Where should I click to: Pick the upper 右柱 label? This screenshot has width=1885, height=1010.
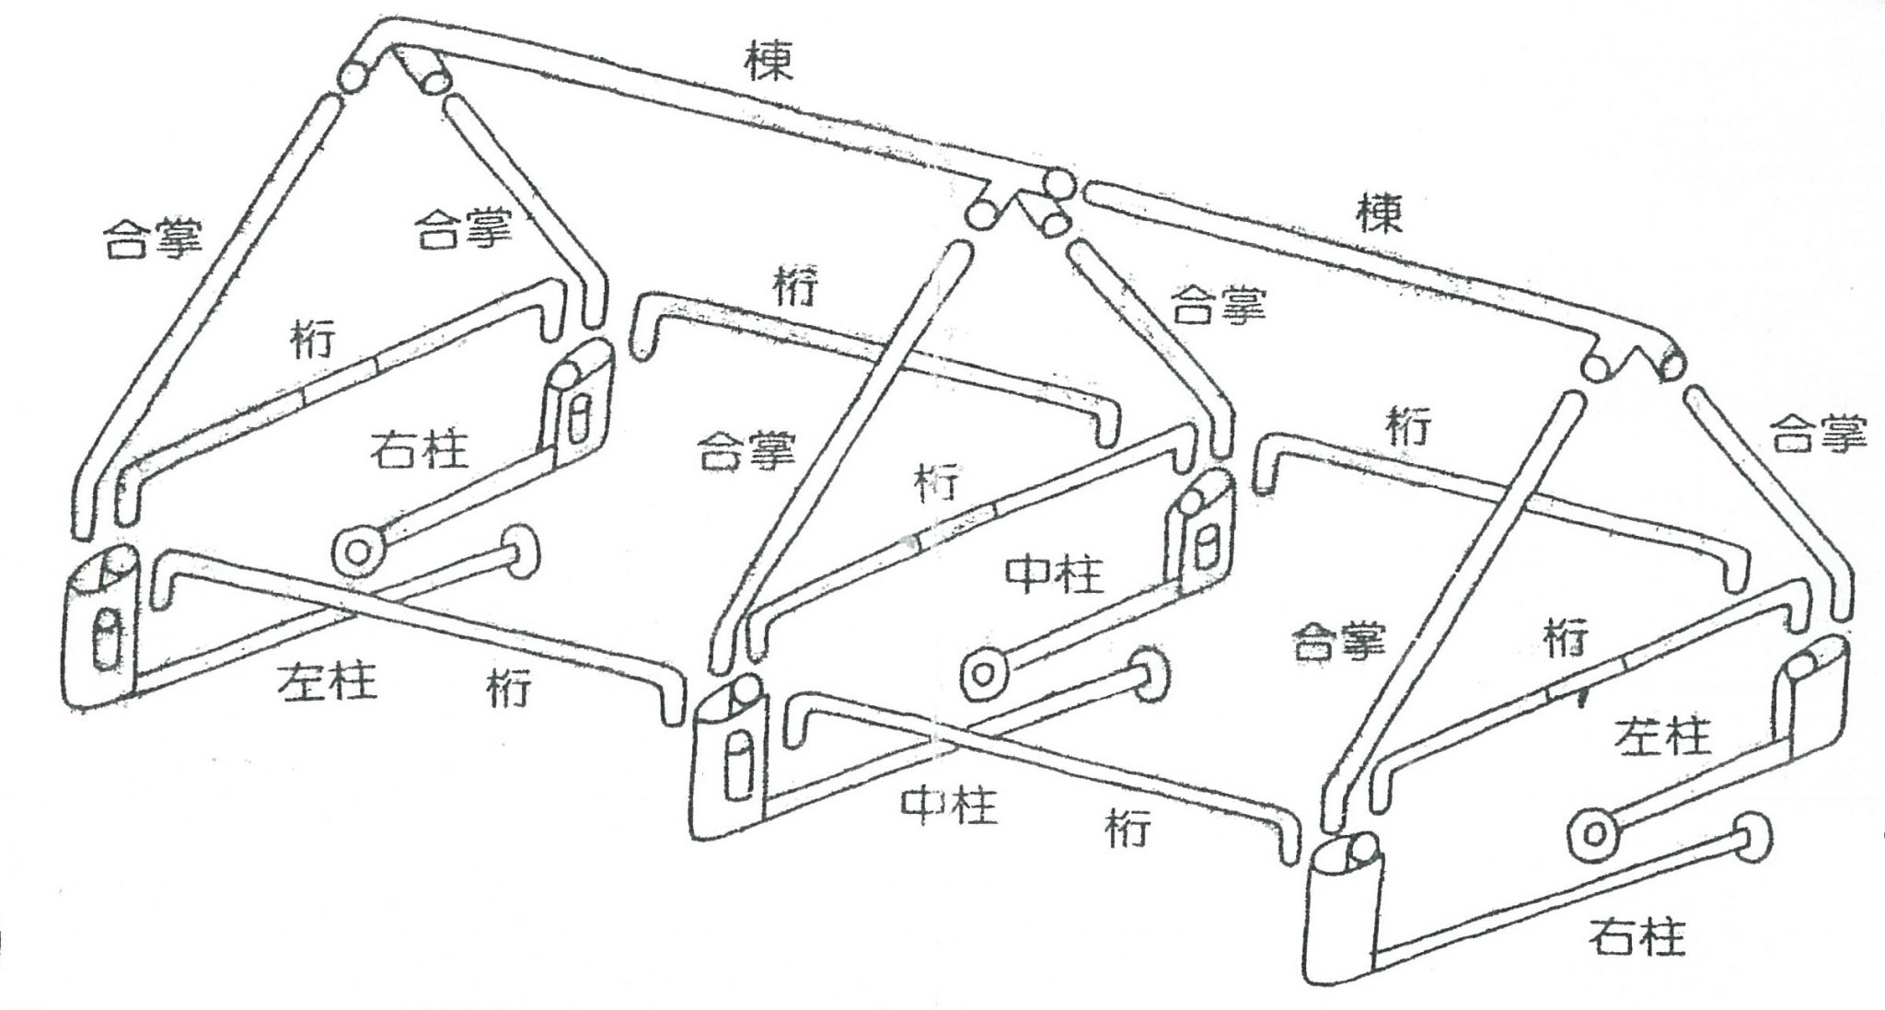420,451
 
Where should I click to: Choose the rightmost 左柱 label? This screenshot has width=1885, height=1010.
1662,737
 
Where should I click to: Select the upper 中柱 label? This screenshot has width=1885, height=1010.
1054,575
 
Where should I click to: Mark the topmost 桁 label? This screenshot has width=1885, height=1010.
795,288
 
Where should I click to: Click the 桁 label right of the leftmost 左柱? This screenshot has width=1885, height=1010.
510,689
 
